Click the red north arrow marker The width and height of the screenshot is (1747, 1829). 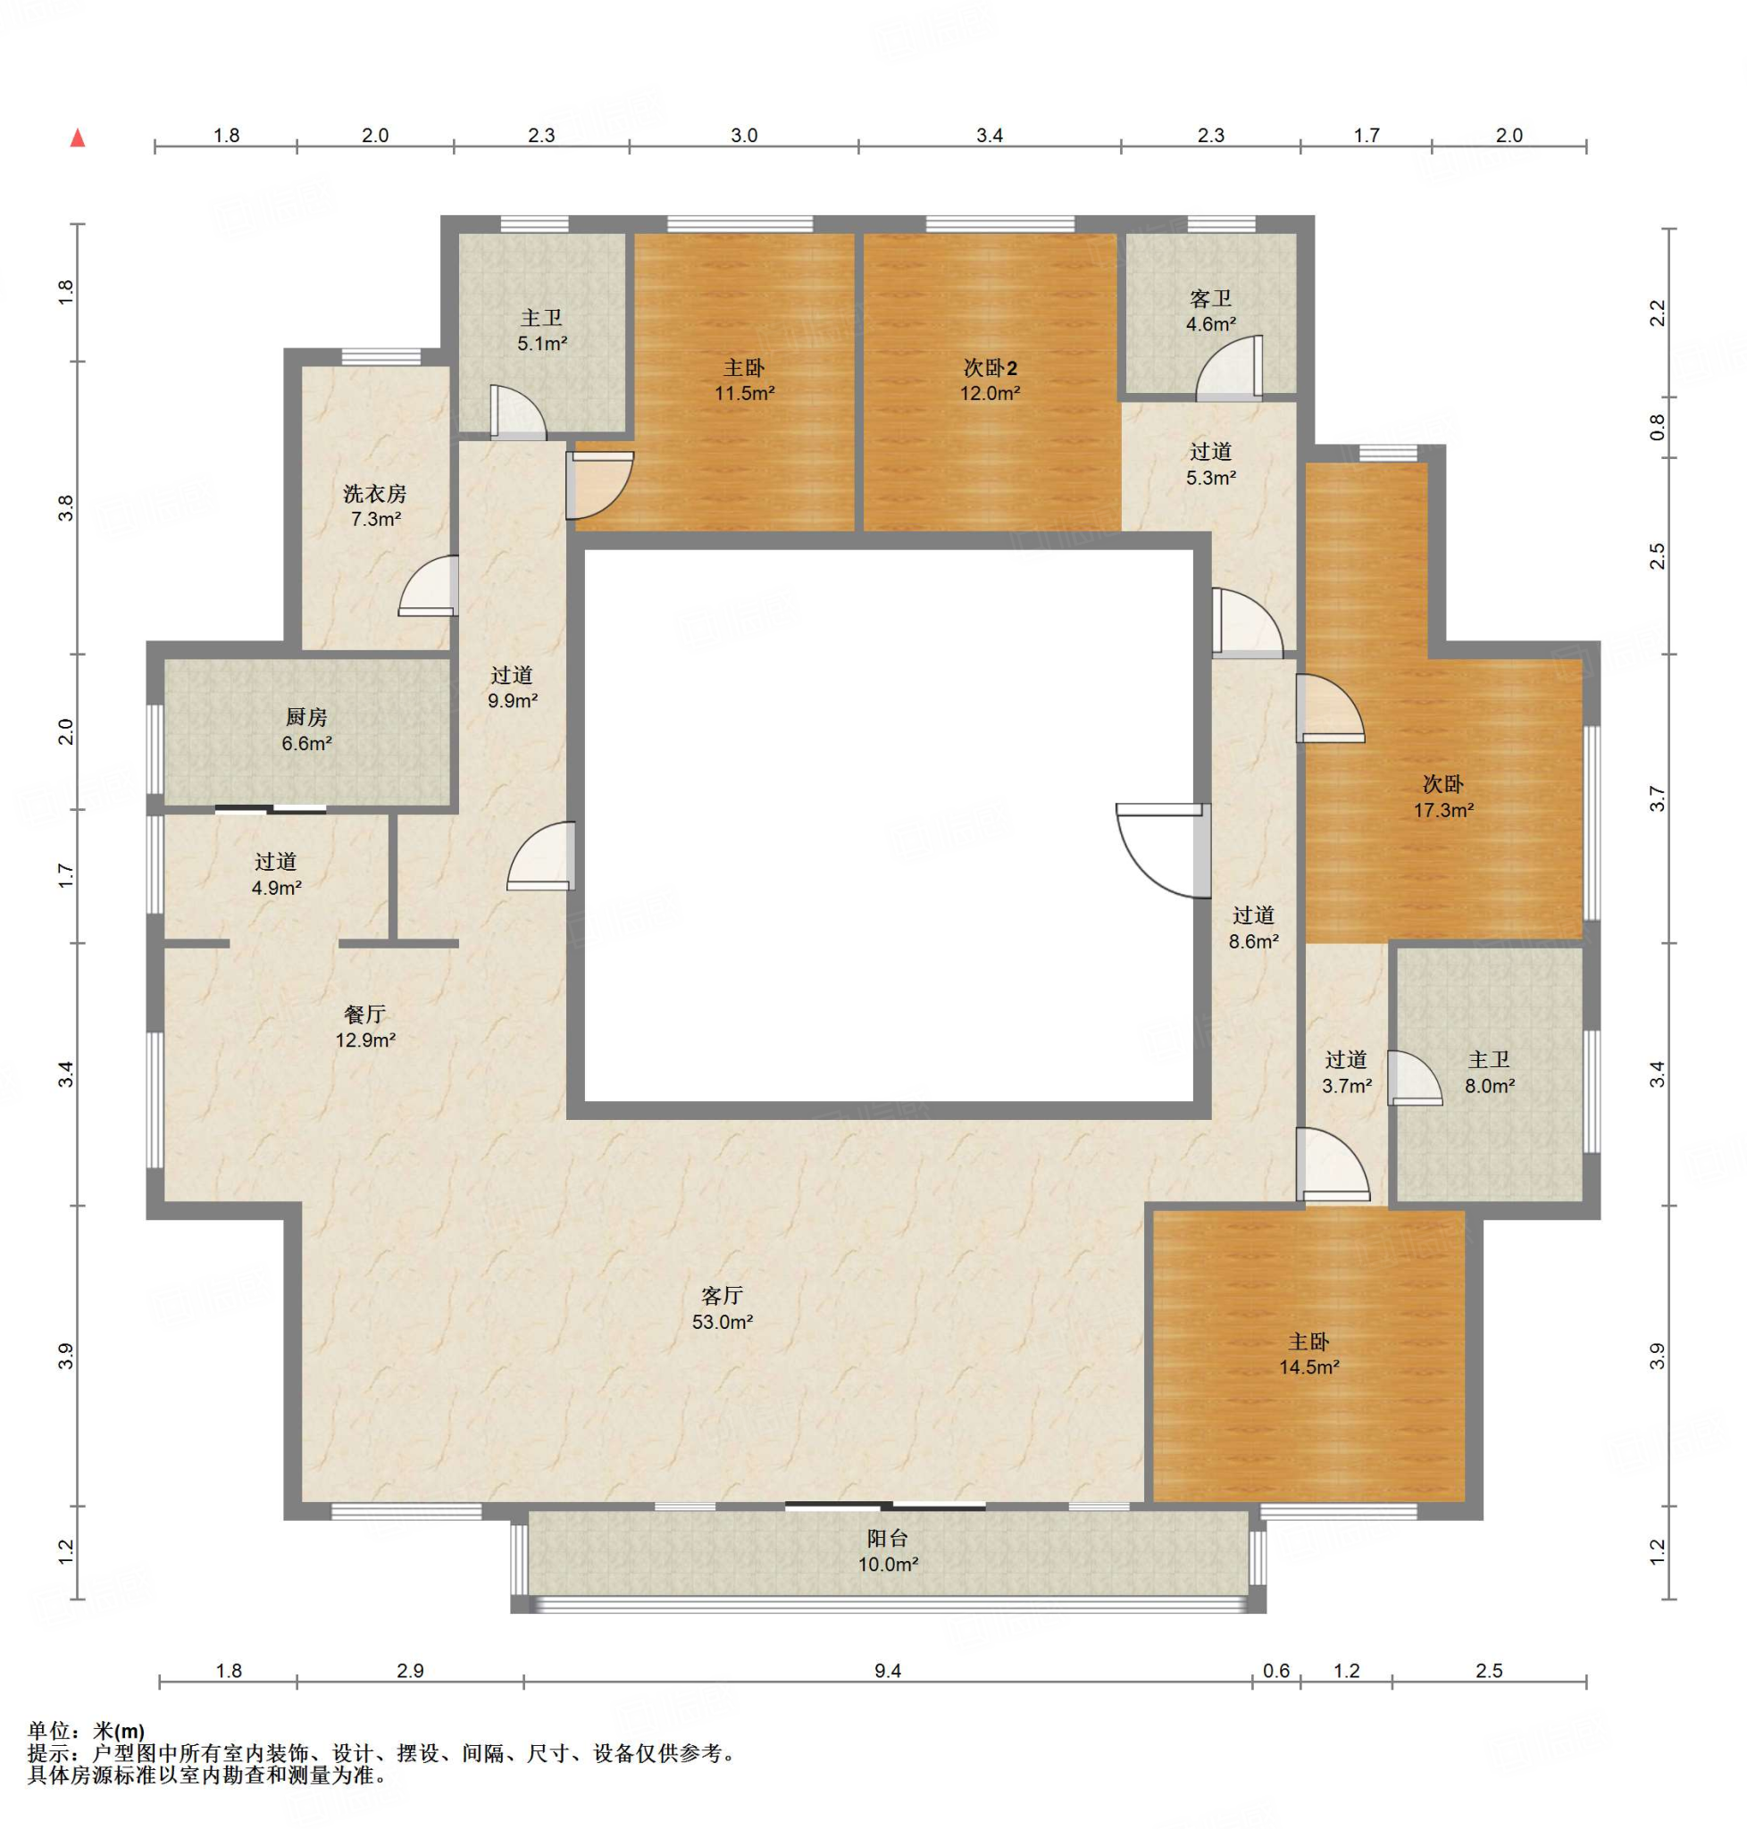[79, 138]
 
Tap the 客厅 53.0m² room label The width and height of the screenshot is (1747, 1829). [722, 1308]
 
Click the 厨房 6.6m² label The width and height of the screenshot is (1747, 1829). [306, 731]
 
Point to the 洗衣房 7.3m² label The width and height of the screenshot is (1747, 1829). [375, 505]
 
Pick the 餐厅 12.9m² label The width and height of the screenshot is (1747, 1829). [365, 1027]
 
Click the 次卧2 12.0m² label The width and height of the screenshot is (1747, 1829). [990, 380]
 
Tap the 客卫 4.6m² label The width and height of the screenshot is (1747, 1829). [1210, 311]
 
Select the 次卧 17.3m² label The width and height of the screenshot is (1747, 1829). [1442, 798]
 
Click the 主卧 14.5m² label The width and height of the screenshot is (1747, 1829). [1308, 1354]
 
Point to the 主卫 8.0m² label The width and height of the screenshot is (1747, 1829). [1489, 1072]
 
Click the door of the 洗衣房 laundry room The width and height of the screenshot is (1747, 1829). [430, 587]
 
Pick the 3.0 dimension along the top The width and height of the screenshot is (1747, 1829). [744, 135]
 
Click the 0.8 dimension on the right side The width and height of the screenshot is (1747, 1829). [1656, 428]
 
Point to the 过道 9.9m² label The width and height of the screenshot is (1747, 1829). [512, 688]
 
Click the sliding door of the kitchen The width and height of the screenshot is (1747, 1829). [271, 808]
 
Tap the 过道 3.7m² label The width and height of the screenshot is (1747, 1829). [1347, 1072]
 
